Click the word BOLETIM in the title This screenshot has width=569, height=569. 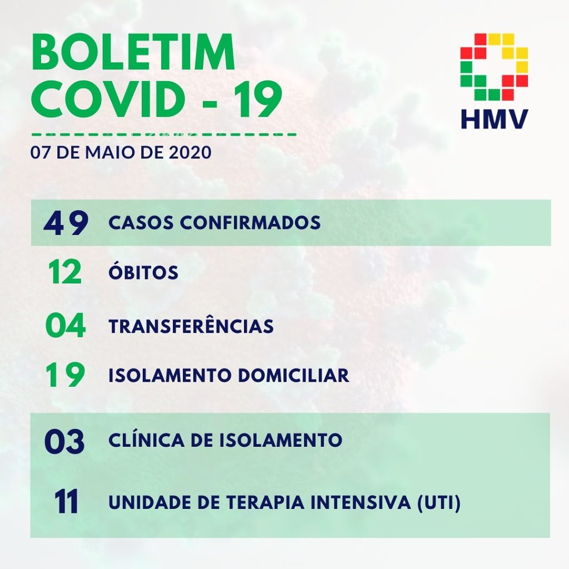tap(133, 52)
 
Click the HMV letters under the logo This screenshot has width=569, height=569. tap(494, 119)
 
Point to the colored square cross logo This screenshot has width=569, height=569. tap(494, 67)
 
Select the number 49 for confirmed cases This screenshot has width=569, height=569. tap(66, 223)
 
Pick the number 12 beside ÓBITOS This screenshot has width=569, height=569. tap(65, 272)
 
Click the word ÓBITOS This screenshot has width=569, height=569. tap(143, 271)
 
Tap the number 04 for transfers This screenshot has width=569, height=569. tap(66, 325)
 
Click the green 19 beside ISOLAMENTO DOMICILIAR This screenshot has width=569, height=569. tap(66, 375)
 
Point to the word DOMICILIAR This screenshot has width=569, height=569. tap(293, 376)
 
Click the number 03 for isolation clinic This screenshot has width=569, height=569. tap(64, 442)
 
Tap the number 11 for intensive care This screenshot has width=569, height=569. tap(67, 502)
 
